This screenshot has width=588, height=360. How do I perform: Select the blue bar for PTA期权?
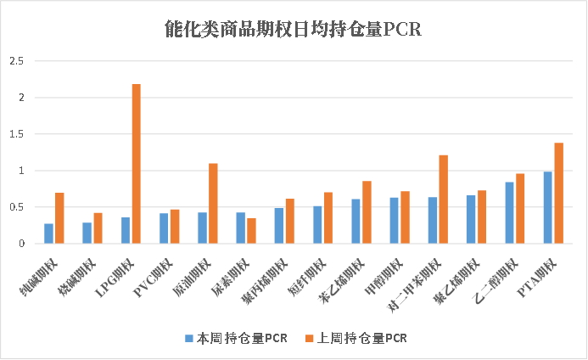point(548,208)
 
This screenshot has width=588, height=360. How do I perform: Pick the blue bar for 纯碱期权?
point(48,234)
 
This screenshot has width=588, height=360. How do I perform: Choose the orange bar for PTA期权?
point(558,194)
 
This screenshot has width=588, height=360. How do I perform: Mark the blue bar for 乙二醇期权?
point(509,213)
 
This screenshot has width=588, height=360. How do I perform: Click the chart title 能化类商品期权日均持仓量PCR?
point(293,31)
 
